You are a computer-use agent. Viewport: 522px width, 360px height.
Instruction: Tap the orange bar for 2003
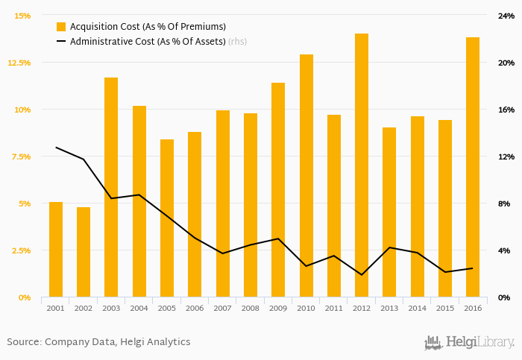pos(111,187)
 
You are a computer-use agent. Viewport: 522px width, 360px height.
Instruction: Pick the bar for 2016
pos(473,167)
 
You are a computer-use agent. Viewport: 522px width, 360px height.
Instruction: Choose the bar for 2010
pos(306,176)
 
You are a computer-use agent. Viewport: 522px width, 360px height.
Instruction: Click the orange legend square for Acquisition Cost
pos(61,27)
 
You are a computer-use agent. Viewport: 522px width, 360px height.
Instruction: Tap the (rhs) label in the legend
pos(237,42)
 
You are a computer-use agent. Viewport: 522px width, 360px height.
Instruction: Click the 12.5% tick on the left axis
pos(19,63)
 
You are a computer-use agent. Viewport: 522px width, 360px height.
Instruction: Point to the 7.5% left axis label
pos(21,157)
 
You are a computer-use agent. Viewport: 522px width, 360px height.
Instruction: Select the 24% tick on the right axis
pos(506,16)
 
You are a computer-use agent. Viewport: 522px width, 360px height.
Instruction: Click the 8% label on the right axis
pos(505,203)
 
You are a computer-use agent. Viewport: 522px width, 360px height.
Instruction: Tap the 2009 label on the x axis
pos(278,308)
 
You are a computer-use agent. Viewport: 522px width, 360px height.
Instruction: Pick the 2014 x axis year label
pos(418,308)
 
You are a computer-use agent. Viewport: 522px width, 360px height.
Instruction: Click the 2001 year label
pos(56,308)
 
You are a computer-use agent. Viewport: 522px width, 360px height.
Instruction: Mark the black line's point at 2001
pos(56,147)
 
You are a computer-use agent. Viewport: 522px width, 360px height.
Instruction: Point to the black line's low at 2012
pos(362,275)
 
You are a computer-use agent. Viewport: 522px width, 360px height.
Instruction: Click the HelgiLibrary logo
pos(469,342)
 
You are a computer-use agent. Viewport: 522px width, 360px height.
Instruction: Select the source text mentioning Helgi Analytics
pos(98,342)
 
